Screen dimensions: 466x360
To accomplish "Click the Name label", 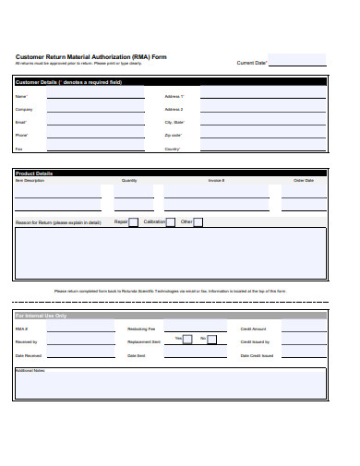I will (x=21, y=96).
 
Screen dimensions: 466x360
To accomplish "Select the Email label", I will (x=21, y=122).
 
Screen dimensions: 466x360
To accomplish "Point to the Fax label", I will (x=19, y=149).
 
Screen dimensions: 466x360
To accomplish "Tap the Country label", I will (x=173, y=149).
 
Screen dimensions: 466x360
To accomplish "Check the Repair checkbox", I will (x=134, y=222).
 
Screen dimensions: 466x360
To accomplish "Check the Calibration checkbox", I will (x=172, y=222).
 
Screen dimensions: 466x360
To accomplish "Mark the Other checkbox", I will (x=198, y=222).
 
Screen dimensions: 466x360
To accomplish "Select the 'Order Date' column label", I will (x=304, y=181).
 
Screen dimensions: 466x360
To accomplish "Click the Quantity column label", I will (x=129, y=181).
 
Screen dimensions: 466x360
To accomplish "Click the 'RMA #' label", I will (x=21, y=329).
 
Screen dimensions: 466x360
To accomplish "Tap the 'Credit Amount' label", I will (x=253, y=329).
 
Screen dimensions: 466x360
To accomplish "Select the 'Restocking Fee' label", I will (x=141, y=329).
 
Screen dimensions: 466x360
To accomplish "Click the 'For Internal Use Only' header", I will (x=42, y=316).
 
